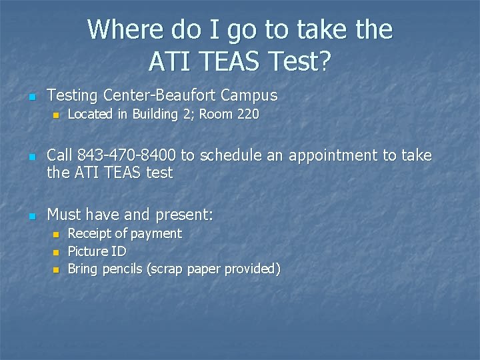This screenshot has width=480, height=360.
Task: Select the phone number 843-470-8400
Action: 127,156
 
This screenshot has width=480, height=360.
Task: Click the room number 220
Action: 247,115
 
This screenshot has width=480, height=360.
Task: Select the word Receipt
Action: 89,234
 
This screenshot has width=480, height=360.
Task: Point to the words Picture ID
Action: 97,251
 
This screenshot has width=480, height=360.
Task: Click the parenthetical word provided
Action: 253,269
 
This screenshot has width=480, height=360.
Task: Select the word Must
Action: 63,215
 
